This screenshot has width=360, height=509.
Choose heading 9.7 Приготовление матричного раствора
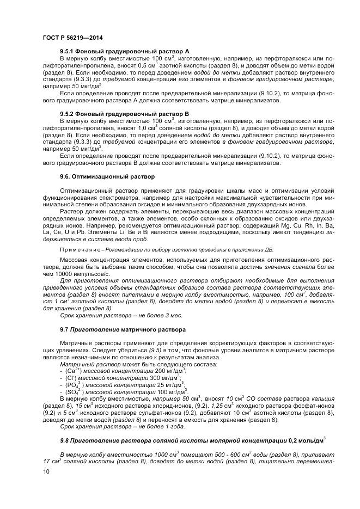coord(114,330)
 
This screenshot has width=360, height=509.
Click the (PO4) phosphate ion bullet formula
coord(73,384)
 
